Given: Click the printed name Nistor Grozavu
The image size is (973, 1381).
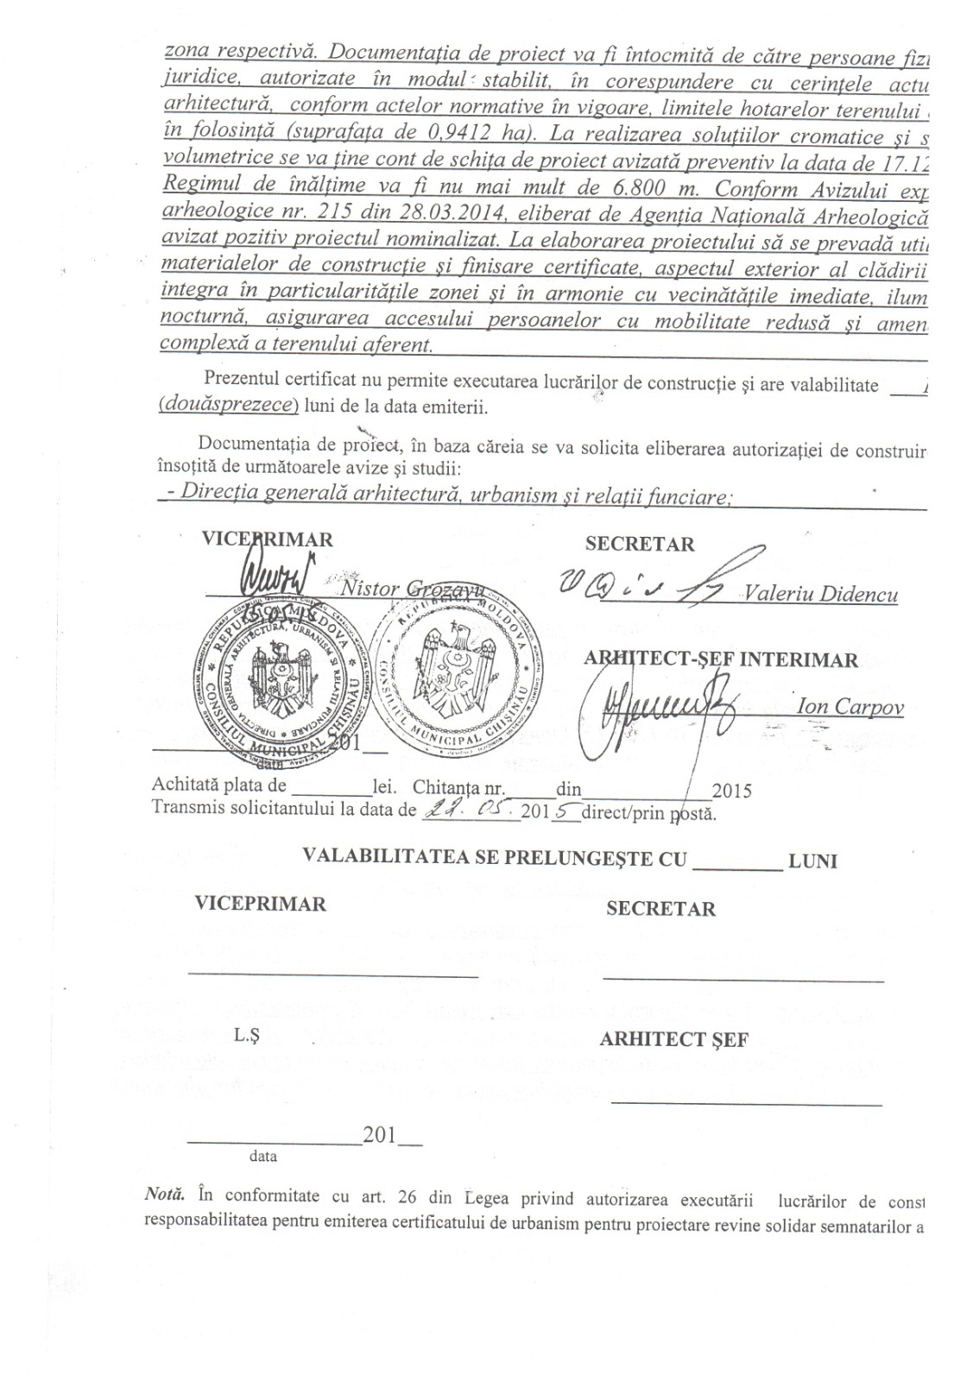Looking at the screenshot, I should point(401,590).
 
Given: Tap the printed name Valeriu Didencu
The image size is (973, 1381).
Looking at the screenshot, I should point(819,595).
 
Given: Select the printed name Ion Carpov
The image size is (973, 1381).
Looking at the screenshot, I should point(850,708).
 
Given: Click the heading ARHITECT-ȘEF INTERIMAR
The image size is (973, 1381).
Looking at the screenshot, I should point(721,660).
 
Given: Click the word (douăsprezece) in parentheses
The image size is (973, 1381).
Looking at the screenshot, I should point(229,406).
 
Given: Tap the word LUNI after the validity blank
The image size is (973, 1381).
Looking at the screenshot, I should point(813,861).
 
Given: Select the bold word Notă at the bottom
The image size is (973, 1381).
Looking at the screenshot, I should point(164,1195).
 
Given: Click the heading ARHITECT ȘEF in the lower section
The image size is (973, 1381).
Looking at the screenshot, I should point(673,1039).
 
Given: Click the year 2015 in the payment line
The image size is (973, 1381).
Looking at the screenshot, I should point(731,790).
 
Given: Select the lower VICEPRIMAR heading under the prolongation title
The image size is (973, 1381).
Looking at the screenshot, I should point(260,904).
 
